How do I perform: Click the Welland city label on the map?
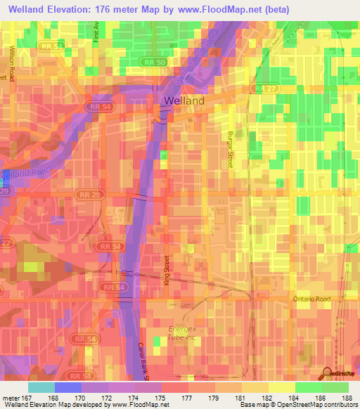(184, 100)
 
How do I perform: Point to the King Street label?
(167, 271)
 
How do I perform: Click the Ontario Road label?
(311, 299)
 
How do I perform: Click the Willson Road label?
(12, 64)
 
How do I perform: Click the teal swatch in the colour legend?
(41, 387)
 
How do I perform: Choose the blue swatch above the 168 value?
(67, 387)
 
